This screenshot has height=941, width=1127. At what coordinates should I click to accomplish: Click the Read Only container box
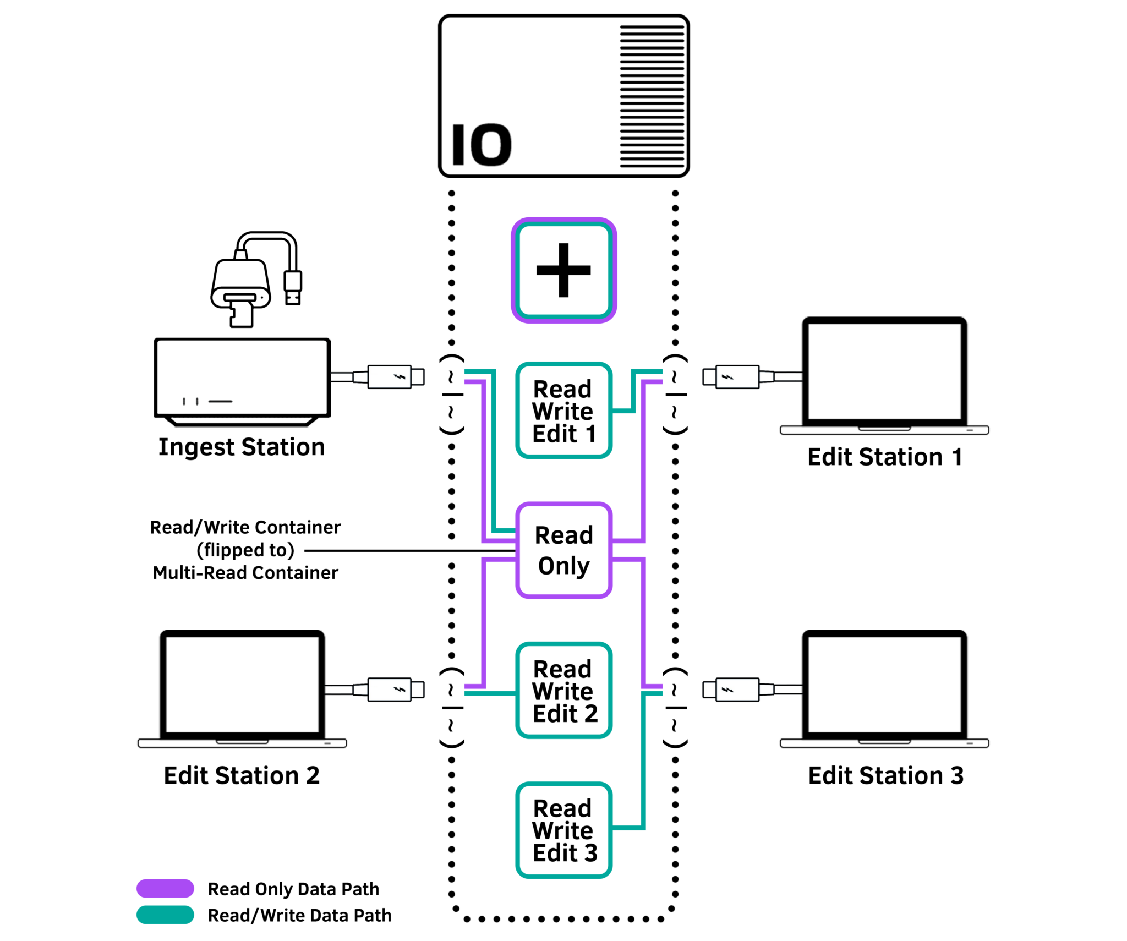click(x=563, y=550)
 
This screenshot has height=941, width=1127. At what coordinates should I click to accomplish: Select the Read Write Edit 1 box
click(x=563, y=411)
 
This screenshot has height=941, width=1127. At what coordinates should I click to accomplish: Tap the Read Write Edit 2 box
click(x=563, y=690)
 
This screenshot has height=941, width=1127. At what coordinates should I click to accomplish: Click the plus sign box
click(x=563, y=270)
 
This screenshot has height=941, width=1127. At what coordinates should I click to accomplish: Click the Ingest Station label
click(x=242, y=447)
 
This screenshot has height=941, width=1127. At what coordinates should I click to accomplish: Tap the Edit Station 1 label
click(x=884, y=457)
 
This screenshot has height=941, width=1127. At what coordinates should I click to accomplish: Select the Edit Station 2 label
click(x=242, y=775)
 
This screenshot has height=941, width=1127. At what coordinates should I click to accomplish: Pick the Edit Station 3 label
click(x=885, y=775)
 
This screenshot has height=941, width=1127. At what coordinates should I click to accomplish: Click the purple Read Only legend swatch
click(x=165, y=888)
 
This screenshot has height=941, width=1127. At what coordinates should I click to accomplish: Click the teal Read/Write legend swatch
click(x=165, y=915)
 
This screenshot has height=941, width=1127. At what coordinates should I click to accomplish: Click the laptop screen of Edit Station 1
click(x=884, y=371)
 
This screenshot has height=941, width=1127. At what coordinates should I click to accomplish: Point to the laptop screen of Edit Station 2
click(x=242, y=685)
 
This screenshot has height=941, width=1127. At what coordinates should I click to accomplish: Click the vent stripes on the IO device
click(x=652, y=96)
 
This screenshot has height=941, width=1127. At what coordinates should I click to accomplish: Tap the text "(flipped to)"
click(x=245, y=550)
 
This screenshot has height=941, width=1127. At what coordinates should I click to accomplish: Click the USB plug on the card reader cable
click(x=293, y=287)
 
